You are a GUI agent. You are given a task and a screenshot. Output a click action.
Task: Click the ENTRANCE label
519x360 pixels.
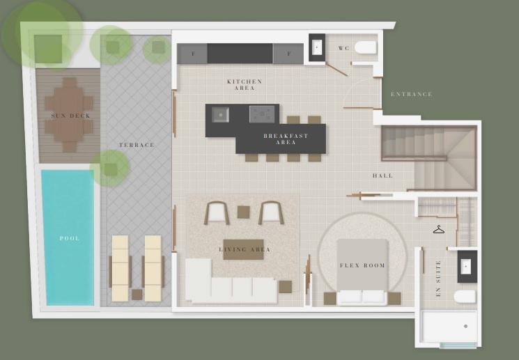412,94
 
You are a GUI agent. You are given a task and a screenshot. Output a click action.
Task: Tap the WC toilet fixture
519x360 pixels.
366,47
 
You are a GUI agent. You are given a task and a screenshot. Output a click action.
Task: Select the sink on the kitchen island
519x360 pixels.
220,114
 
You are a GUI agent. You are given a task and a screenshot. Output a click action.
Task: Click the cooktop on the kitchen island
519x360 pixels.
262,114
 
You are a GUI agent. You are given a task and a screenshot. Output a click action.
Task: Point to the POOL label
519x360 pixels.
70,238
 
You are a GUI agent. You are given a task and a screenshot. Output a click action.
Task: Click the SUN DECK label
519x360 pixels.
71,116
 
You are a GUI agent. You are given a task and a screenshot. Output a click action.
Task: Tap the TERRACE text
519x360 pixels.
137,145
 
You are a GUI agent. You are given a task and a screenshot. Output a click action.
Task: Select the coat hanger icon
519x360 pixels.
439,229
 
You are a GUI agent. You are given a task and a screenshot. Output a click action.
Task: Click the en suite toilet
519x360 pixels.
465,297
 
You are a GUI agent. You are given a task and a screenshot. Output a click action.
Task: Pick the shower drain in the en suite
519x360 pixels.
466,327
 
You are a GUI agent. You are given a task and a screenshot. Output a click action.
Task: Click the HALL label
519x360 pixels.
383,175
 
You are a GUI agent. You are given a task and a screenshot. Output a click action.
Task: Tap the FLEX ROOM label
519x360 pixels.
362,265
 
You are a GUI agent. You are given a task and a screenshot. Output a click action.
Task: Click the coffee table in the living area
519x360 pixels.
243,249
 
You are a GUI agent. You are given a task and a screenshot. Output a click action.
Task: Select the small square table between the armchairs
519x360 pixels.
243,212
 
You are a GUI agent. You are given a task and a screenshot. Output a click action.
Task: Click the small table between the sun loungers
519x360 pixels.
137,294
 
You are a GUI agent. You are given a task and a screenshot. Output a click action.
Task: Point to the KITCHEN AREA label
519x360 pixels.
245,85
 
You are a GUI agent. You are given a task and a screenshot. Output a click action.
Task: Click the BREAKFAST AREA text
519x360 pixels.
286,139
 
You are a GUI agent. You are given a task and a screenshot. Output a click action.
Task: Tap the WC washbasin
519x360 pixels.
317,47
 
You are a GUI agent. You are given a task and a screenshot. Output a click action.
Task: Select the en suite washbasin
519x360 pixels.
466,267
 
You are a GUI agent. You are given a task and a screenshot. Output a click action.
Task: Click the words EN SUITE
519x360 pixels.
438,279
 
